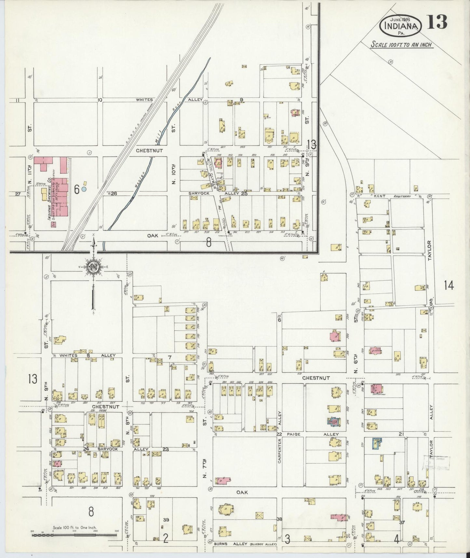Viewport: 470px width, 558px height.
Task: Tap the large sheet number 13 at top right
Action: [437, 22]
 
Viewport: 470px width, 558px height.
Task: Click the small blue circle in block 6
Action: [84, 188]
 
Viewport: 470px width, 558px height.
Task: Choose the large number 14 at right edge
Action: [449, 286]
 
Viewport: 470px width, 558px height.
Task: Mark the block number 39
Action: [166, 520]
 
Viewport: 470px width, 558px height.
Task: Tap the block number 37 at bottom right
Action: [402, 522]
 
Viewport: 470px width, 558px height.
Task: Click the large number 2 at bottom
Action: [165, 539]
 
